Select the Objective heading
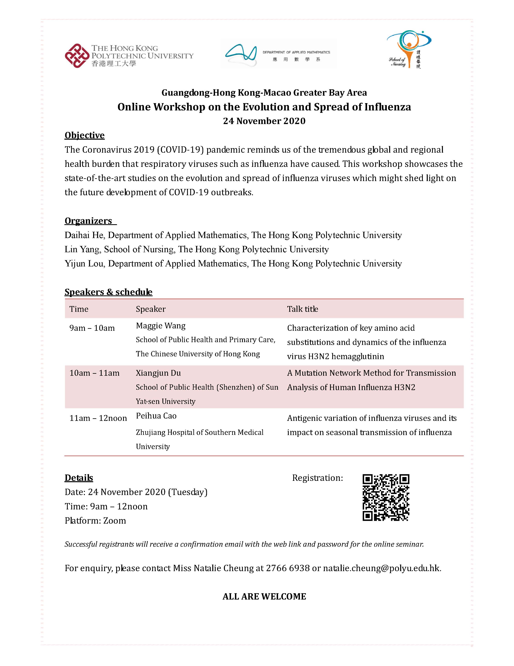(x=84, y=135)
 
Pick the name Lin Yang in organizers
(x=82, y=249)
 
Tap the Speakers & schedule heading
(x=108, y=292)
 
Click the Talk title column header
(x=302, y=309)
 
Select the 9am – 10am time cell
(x=92, y=328)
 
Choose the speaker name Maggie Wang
(x=161, y=326)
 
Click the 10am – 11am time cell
(x=94, y=373)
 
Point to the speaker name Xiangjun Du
(x=158, y=373)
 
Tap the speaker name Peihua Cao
(x=156, y=416)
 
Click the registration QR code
(x=386, y=497)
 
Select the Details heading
(x=79, y=478)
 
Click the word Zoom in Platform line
(x=114, y=520)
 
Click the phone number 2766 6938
(x=288, y=568)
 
